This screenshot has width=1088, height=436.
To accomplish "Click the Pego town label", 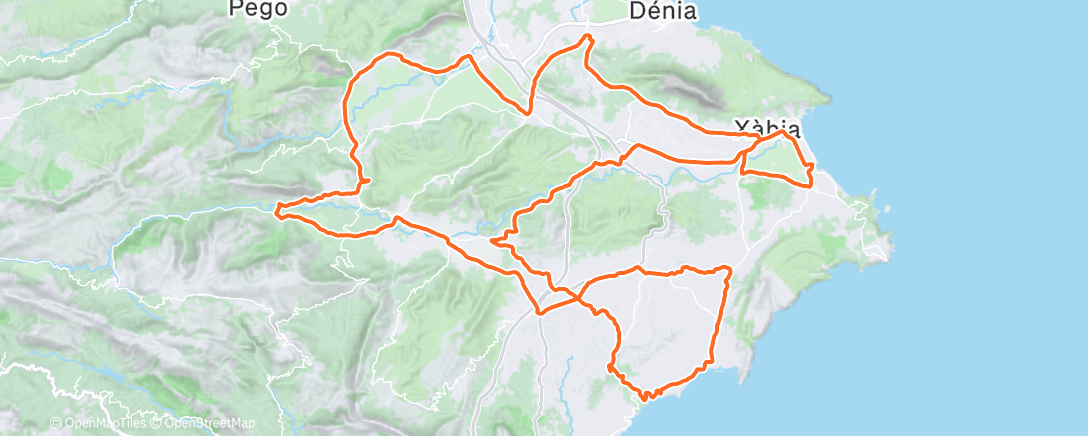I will coord(258,9).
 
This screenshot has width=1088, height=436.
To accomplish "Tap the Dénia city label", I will coord(663,10).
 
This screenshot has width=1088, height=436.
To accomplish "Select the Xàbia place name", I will coord(768,128).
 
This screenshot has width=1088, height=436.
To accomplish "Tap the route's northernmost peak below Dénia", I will coord(588,36).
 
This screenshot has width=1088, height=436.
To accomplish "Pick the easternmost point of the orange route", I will coord(812,166).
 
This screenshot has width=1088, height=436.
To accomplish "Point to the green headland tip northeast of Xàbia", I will coord(828,98).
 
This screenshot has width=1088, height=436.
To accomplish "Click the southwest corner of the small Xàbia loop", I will coord(742,173).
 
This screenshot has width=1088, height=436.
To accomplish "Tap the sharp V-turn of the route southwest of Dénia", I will coord(528,113).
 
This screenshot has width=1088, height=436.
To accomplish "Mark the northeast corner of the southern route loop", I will coord(729,269).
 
